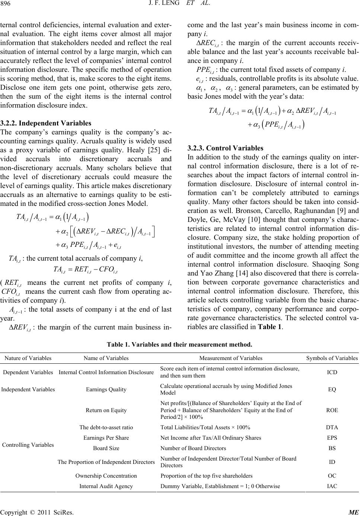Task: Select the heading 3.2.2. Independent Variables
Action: (x=46, y=123)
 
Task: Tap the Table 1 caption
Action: (x=179, y=345)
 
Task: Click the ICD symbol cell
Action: (x=332, y=372)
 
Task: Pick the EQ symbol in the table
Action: (x=332, y=389)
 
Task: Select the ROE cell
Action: (x=332, y=410)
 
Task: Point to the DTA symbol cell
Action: (x=332, y=428)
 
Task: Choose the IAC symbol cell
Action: (x=332, y=486)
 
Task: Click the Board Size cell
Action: (x=106, y=448)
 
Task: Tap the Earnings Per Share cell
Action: (x=106, y=438)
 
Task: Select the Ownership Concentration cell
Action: (x=106, y=476)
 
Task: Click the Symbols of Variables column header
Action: (x=332, y=358)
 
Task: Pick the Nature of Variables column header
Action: (x=28, y=358)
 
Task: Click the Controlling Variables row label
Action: (x=28, y=445)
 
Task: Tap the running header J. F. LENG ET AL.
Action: (x=180, y=5)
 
